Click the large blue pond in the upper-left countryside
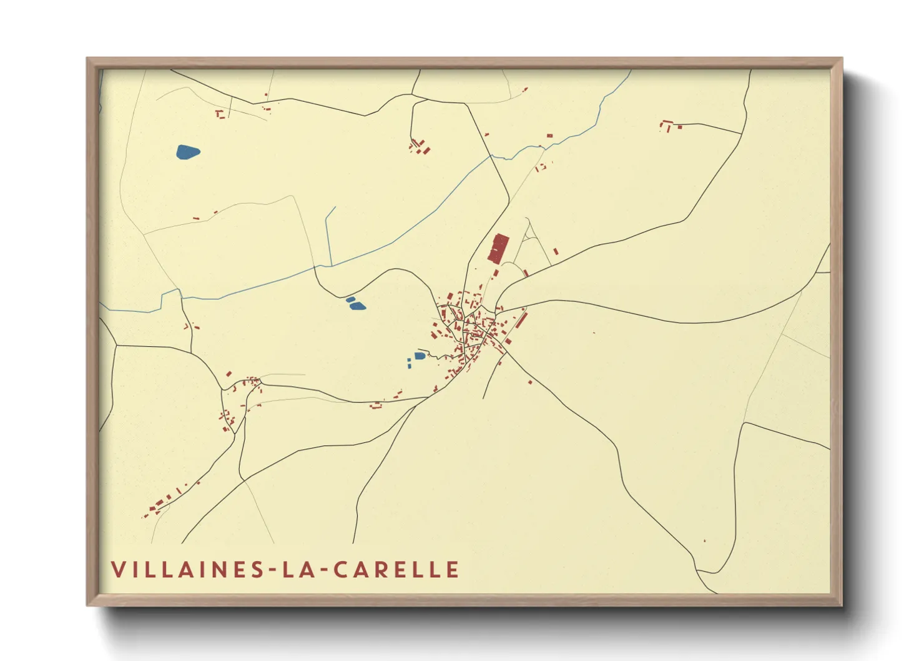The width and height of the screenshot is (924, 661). tap(187, 152)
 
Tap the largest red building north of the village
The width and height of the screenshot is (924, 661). tap(498, 248)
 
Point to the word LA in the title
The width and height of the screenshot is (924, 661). tap(295, 570)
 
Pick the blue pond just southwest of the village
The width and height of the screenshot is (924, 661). tap(420, 356)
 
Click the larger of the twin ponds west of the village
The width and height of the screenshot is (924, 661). tap(357, 306)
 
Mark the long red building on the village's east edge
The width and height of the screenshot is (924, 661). tap(521, 321)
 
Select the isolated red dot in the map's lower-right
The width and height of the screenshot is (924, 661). tap(704, 540)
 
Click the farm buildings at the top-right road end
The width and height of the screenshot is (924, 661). tap(667, 126)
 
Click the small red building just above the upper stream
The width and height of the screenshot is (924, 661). tap(549, 135)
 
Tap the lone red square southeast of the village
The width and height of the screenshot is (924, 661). tap(530, 382)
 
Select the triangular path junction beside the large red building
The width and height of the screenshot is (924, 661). tap(529, 236)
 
